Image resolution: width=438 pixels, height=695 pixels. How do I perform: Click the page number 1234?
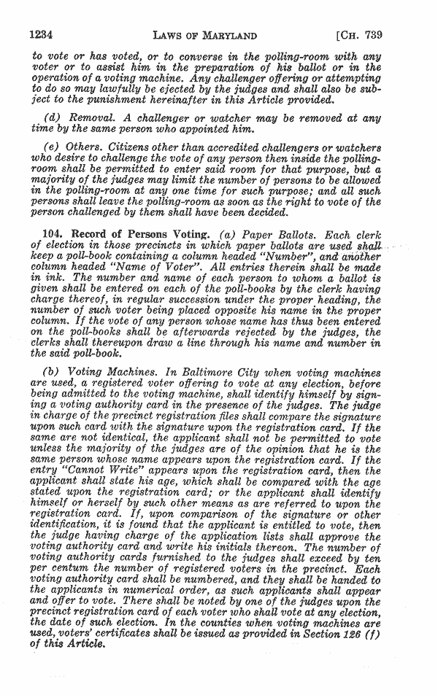44,34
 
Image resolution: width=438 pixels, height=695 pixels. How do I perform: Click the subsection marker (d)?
53,118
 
